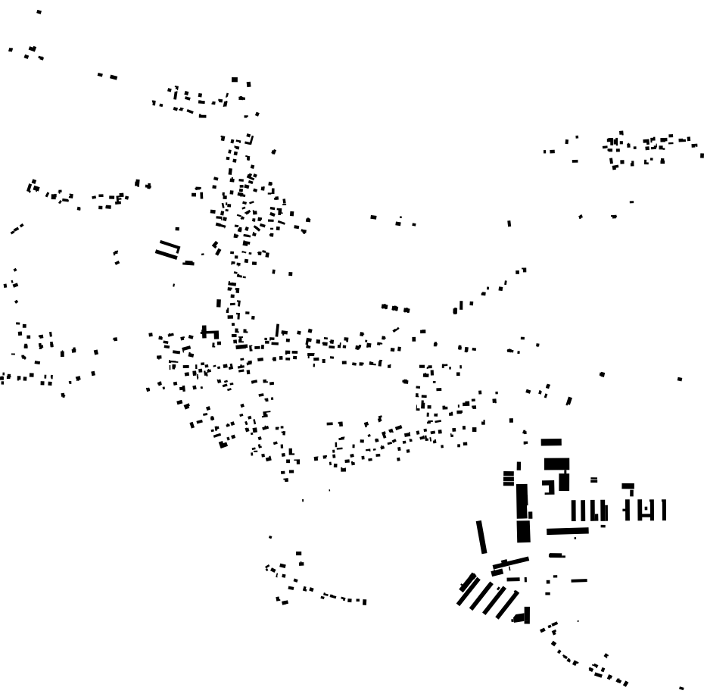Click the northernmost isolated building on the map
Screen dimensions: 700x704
click(x=39, y=12)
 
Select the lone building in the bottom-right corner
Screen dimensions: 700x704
click(x=681, y=688)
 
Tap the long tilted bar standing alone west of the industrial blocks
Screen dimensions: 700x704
click(x=481, y=536)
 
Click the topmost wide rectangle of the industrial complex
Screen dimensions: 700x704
click(x=551, y=442)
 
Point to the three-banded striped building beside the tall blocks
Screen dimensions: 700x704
click(x=509, y=478)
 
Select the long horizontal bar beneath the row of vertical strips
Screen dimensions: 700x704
click(x=567, y=531)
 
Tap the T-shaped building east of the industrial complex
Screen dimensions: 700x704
click(x=628, y=489)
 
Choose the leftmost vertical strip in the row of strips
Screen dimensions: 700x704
click(x=573, y=511)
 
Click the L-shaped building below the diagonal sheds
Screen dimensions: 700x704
click(x=523, y=616)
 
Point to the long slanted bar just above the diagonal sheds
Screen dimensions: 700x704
click(x=511, y=564)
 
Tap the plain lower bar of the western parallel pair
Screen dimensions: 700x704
click(x=166, y=254)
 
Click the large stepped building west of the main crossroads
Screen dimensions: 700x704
click(x=210, y=332)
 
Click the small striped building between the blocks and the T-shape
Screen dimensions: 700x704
click(x=593, y=480)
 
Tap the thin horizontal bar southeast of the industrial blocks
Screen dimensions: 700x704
click(x=579, y=580)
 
